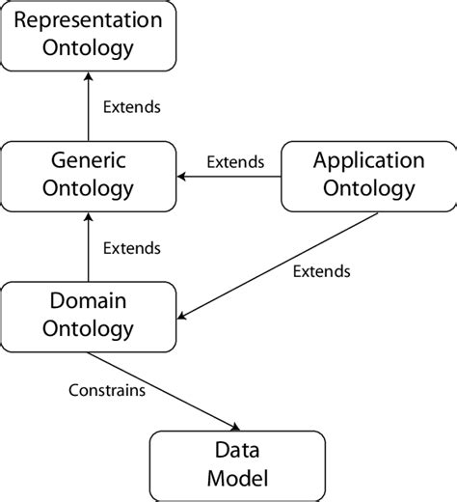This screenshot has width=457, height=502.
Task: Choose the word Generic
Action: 89,161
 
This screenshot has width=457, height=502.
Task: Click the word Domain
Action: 89,301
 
